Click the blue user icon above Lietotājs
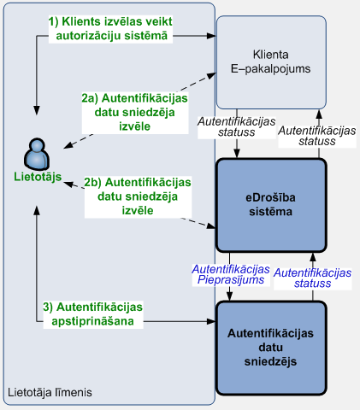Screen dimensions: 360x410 pos(37,154)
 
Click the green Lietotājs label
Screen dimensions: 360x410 pos(38,177)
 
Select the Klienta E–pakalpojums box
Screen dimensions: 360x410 pos(271,62)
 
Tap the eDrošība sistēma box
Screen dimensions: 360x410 pos(271,205)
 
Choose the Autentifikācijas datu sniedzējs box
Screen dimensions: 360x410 pos(271,348)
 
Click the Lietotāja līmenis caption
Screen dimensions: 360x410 pos(50,392)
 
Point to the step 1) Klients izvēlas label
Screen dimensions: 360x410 pos(110,29)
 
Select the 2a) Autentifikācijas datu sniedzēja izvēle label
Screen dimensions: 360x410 pos(135,113)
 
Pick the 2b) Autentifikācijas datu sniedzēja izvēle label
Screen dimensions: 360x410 pos(138,196)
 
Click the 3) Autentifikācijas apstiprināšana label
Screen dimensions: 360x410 pos(93,314)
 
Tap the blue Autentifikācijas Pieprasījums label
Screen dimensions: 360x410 pos(231,274)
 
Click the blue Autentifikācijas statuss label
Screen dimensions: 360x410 pos(312,278)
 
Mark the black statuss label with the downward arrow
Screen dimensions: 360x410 pos(237,127)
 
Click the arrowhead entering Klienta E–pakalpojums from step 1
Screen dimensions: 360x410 pos(211,36)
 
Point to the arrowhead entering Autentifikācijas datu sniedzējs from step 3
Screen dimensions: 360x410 pos(211,321)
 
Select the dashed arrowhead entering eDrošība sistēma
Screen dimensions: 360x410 pos(211,226)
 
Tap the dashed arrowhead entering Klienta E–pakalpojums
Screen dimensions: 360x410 pos(211,75)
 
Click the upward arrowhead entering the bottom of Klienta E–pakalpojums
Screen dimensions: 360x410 pos(319,114)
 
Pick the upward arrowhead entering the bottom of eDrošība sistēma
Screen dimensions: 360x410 pos(313,257)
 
